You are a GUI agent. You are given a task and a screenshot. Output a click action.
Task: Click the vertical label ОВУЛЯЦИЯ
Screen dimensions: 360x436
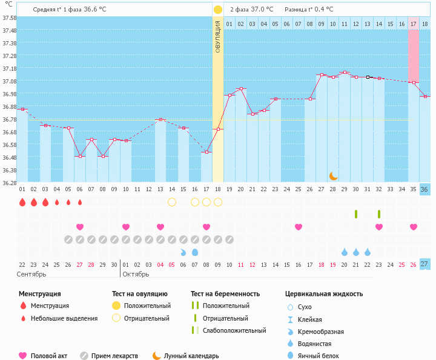pyautogui.click(x=218, y=36)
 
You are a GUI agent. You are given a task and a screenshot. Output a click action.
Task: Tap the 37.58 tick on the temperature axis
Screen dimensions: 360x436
pyautogui.click(x=9, y=18)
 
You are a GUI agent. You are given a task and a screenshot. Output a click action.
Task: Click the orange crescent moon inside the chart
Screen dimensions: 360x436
pyautogui.click(x=334, y=175)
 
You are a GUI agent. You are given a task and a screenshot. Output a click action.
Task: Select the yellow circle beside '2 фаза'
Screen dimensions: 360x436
pyautogui.click(x=217, y=10)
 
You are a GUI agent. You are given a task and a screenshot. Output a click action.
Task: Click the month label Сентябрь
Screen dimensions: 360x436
pyautogui.click(x=32, y=274)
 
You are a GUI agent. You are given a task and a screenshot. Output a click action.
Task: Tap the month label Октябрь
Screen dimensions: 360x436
pyautogui.click(x=136, y=274)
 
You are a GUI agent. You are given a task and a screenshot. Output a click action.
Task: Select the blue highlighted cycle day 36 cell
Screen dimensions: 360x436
pyautogui.click(x=424, y=189)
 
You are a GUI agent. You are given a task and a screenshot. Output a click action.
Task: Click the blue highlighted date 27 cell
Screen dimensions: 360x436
pyautogui.click(x=424, y=264)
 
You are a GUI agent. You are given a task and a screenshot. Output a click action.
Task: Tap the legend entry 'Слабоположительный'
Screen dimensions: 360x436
pyautogui.click(x=234, y=330)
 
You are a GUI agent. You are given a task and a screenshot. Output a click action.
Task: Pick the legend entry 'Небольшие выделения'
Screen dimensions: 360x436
pyautogui.click(x=64, y=318)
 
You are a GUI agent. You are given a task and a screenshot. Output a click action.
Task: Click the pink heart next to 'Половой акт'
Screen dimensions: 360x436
pyautogui.click(x=23, y=356)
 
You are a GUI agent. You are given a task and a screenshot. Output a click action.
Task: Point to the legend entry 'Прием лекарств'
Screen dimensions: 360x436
pyautogui.click(x=114, y=356)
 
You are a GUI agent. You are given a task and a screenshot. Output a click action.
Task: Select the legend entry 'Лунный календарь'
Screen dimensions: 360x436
pyautogui.click(x=191, y=356)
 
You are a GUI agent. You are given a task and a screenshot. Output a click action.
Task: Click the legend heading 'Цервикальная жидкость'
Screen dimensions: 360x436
pyautogui.click(x=324, y=294)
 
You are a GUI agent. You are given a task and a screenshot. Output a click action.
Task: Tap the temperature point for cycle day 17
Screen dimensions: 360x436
pyautogui.click(x=206, y=152)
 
